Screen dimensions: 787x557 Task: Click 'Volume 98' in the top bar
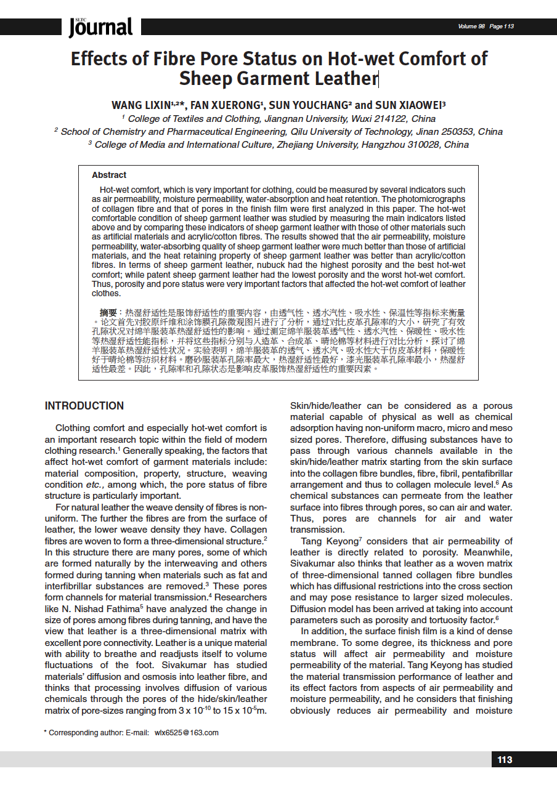point(471,26)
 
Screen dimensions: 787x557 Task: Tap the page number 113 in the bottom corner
point(505,760)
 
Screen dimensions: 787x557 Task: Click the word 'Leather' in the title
point(344,79)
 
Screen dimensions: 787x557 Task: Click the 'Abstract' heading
point(109,175)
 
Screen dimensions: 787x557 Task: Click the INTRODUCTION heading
point(84,406)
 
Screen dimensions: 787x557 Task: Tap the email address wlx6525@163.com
point(187,733)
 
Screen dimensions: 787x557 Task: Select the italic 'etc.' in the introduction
point(97,485)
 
